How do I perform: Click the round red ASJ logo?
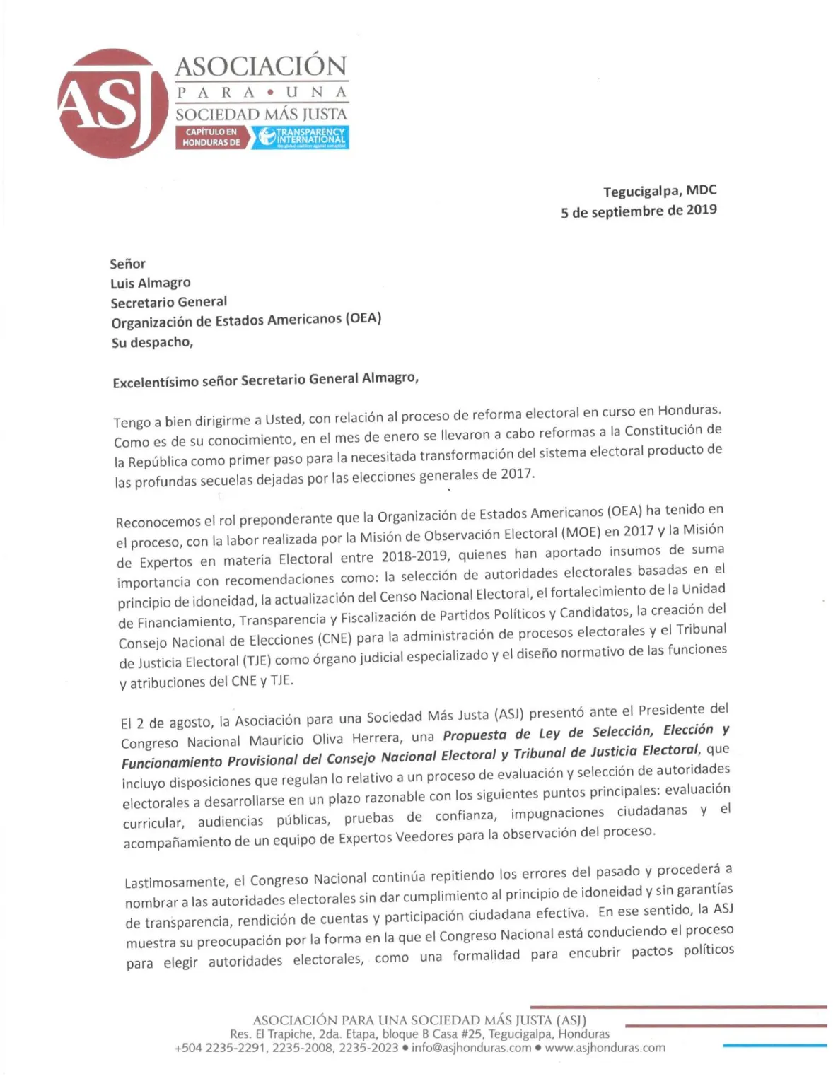(106, 103)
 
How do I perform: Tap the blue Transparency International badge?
(302, 137)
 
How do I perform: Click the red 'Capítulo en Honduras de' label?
(211, 137)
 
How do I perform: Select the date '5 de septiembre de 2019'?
(639, 211)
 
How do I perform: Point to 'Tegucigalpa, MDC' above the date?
(659, 191)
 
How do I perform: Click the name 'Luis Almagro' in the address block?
(150, 283)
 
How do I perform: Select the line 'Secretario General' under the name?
(168, 302)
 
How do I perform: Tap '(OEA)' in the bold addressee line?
(363, 318)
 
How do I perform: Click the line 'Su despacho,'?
(152, 342)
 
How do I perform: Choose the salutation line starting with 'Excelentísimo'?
(265, 380)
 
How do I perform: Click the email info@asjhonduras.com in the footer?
(471, 1048)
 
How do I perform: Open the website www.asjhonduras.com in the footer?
(605, 1048)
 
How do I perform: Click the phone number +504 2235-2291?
(220, 1048)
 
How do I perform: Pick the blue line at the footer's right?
(774, 1045)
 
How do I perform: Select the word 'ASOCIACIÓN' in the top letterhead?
(261, 66)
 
